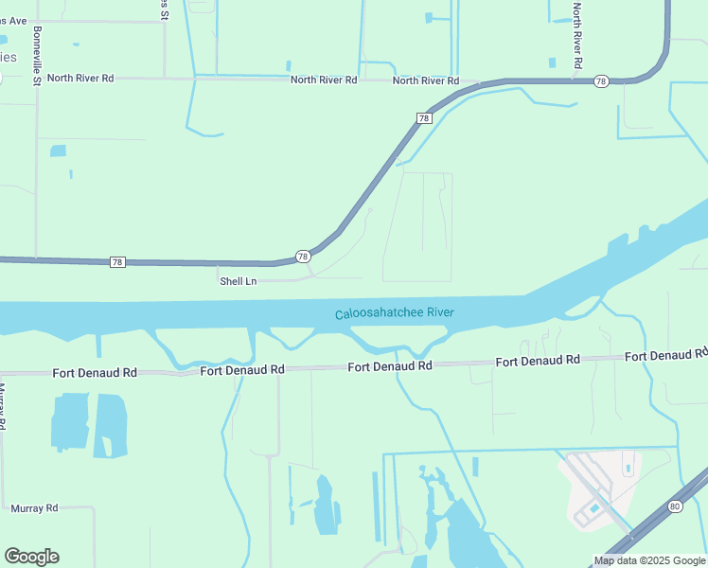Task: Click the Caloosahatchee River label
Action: [395, 313]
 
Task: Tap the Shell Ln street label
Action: [238, 281]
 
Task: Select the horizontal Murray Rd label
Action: [34, 508]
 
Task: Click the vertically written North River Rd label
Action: [576, 34]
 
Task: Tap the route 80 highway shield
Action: [674, 506]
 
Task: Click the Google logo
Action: [31, 557]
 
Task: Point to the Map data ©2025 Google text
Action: [648, 560]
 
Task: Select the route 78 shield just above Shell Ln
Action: [302, 257]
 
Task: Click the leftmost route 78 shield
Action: [117, 262]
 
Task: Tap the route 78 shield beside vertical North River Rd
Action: [601, 82]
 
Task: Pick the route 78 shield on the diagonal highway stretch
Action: [424, 118]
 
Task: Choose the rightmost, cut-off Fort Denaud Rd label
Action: [665, 355]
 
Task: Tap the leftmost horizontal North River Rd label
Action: [80, 79]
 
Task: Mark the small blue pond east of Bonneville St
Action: [58, 151]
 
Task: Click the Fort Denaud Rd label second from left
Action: [242, 370]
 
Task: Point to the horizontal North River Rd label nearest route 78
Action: [425, 80]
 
